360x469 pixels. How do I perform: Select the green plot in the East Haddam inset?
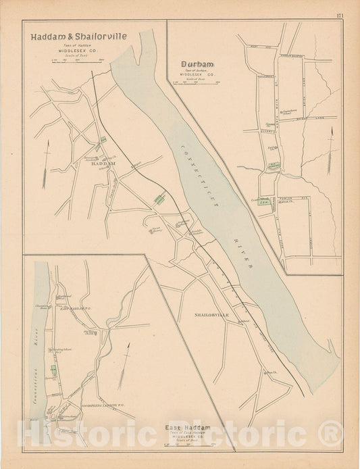point(53,369)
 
